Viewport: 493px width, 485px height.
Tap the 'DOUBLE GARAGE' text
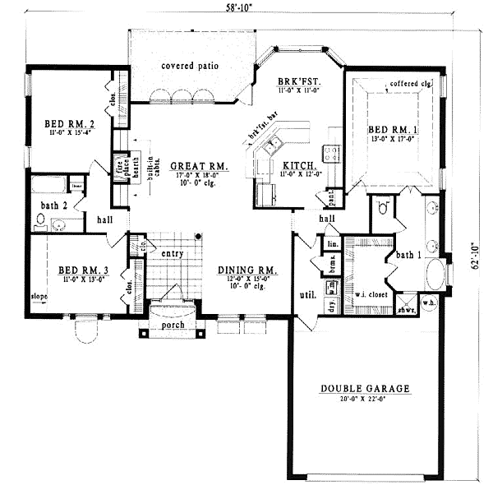coord(366,390)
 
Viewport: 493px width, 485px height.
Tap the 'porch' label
coord(173,323)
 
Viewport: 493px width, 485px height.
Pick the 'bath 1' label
coord(408,256)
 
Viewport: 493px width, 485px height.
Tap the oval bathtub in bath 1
coord(435,275)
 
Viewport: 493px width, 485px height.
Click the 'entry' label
coord(172,253)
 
